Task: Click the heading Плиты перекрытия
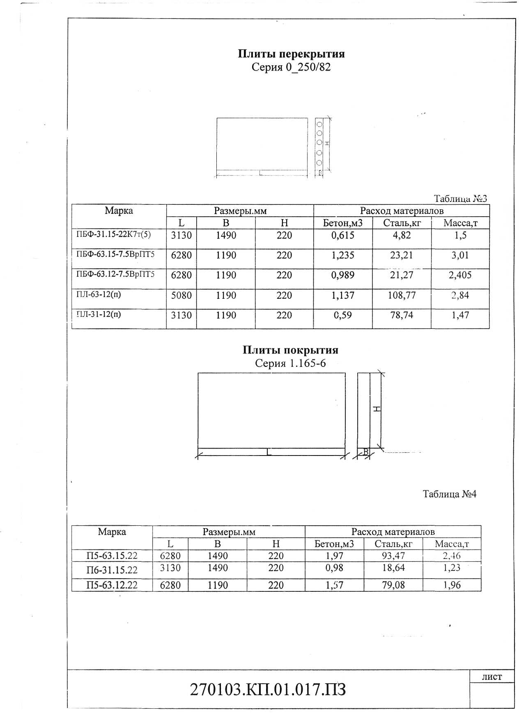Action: (291, 54)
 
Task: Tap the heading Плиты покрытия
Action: (290, 350)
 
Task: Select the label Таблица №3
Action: (460, 199)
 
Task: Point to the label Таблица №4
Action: (450, 494)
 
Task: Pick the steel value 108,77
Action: (402, 295)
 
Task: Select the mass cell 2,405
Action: (460, 275)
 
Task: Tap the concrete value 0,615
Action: (342, 235)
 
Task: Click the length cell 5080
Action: (181, 295)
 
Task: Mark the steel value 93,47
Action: (393, 556)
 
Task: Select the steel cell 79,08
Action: (393, 585)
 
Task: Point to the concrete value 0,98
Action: (334, 568)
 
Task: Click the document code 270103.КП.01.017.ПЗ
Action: (268, 690)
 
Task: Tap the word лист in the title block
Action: (491, 677)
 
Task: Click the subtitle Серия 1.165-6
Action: (290, 363)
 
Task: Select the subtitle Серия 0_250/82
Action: (291, 67)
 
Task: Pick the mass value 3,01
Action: (460, 255)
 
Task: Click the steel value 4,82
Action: (402, 235)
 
